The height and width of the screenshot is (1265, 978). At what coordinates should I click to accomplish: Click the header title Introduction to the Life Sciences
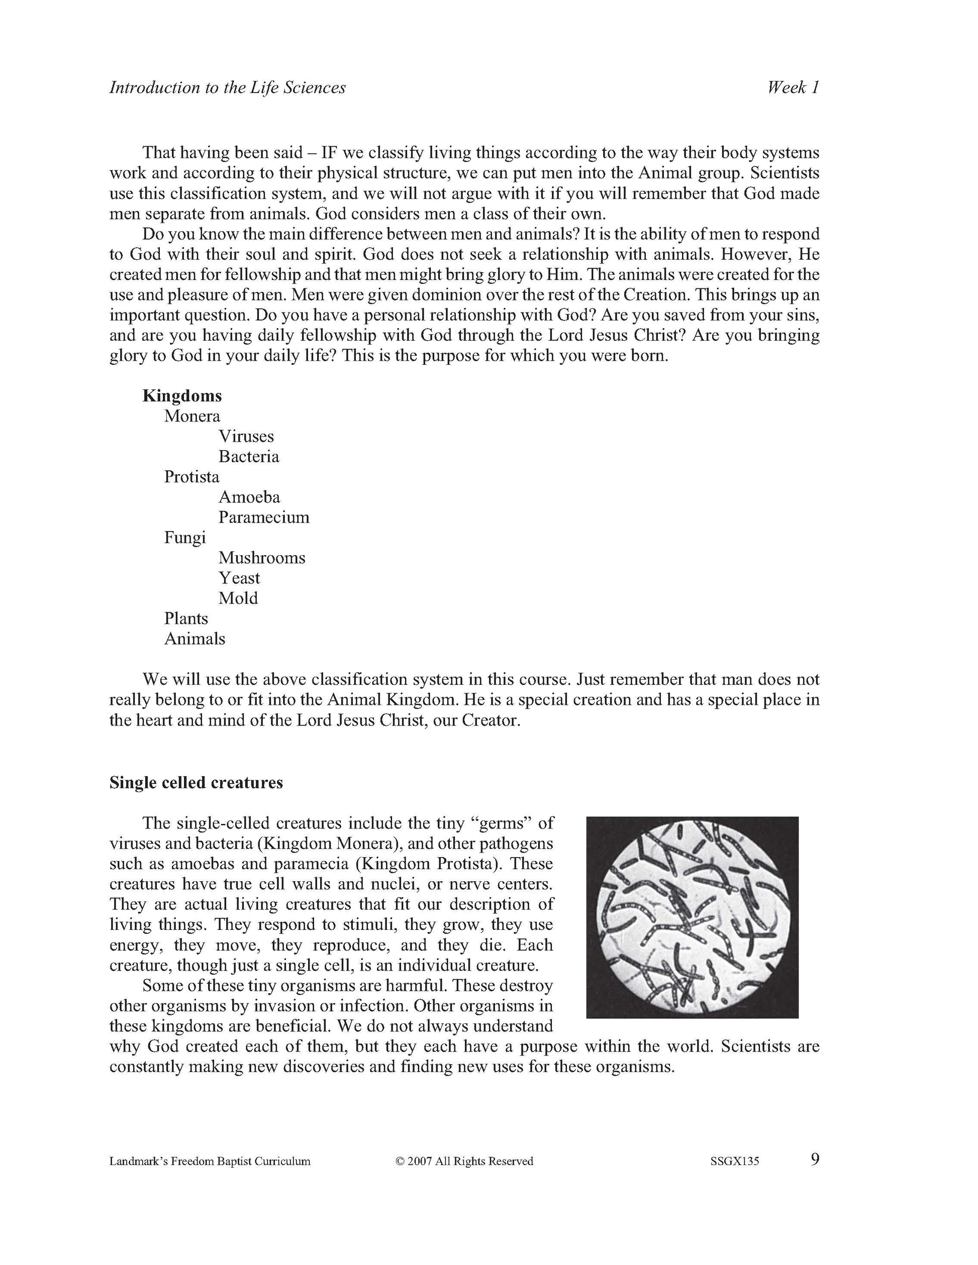[x=227, y=87]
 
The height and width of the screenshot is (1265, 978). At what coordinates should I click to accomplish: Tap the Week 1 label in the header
[x=793, y=87]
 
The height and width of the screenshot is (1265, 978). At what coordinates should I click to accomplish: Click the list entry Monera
[x=192, y=416]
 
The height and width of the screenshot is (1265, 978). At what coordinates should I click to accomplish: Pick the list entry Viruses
[x=246, y=436]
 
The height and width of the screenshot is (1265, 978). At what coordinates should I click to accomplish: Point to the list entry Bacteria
[x=249, y=457]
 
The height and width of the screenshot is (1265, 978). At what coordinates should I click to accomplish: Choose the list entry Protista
[x=192, y=477]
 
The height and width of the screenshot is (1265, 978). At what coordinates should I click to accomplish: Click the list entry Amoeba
[x=249, y=497]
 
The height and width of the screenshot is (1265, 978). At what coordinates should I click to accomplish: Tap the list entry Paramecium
[x=264, y=517]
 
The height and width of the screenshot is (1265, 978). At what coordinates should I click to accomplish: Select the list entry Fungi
[x=185, y=538]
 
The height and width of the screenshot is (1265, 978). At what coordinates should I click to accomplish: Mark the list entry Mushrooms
[x=261, y=558]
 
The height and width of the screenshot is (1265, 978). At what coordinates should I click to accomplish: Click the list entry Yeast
[x=239, y=578]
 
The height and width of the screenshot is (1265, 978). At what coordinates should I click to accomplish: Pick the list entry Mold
[x=238, y=598]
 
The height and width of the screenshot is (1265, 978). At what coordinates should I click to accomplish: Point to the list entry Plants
[x=185, y=618]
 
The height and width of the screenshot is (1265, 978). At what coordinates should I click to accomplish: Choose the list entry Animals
[x=194, y=639]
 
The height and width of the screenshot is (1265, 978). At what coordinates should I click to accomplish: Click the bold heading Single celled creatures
[x=196, y=783]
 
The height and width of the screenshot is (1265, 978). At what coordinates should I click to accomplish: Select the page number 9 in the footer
[x=815, y=1159]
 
